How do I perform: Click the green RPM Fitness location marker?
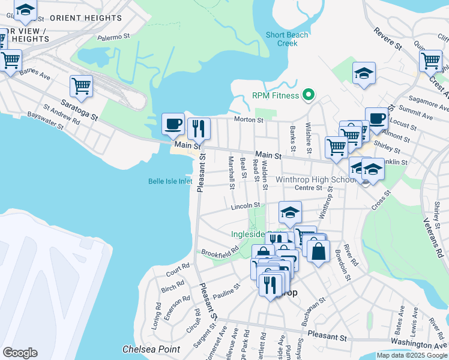tap(309, 95)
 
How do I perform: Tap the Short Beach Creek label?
tap(288, 39)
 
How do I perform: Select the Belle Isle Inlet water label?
tap(170, 181)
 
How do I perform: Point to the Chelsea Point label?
tap(142, 349)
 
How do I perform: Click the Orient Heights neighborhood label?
tap(85, 18)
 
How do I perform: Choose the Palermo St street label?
tap(114, 37)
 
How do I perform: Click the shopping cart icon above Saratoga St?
tap(81, 86)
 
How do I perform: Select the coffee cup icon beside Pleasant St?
tap(173, 124)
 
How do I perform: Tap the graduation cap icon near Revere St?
tap(364, 74)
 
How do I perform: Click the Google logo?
tap(20, 353)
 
